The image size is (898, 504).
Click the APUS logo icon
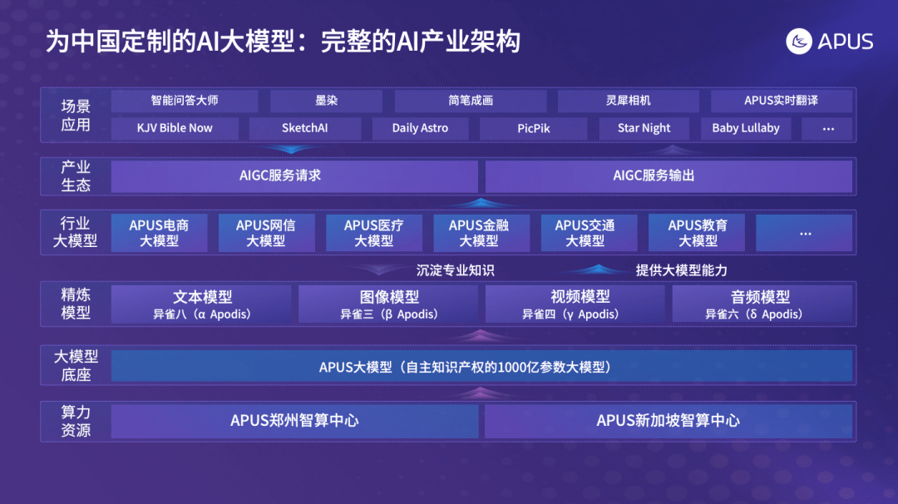pyautogui.click(x=799, y=42)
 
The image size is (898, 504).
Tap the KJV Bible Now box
pyautogui.click(x=175, y=128)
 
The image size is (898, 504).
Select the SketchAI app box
pyautogui.click(x=304, y=128)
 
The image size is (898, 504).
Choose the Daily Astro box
pyautogui.click(x=420, y=128)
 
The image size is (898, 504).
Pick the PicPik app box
pyautogui.click(x=533, y=128)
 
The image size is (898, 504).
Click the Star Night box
pyautogui.click(x=644, y=128)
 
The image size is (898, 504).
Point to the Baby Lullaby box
pyautogui.click(x=746, y=128)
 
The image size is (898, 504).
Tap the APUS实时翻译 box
pyautogui.click(x=781, y=101)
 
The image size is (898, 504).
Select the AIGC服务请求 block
pyautogui.click(x=294, y=175)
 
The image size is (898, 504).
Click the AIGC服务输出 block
pyautogui.click(x=669, y=175)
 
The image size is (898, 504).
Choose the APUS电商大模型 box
pyautogui.click(x=159, y=233)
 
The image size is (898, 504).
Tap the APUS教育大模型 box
pyautogui.click(x=697, y=233)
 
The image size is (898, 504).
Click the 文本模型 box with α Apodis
pyautogui.click(x=201, y=304)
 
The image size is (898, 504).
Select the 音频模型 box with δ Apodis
pyautogui.click(x=762, y=304)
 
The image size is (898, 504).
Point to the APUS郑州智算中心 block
pyautogui.click(x=294, y=421)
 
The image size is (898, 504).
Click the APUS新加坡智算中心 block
pyautogui.click(x=669, y=421)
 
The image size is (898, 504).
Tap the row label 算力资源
pyautogui.click(x=76, y=421)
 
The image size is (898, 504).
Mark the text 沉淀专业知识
pyautogui.click(x=456, y=270)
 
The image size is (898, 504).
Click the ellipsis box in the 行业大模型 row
pyautogui.click(x=804, y=233)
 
